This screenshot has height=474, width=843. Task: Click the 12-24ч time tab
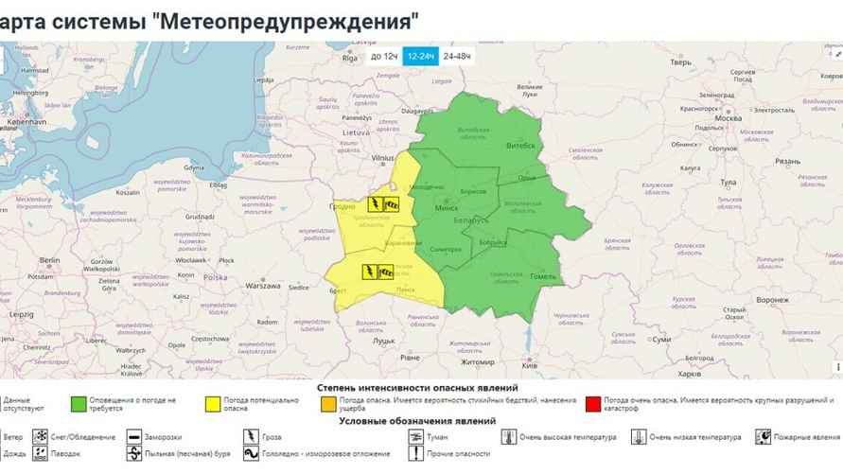(x=420, y=57)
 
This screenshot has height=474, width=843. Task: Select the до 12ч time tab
(x=383, y=57)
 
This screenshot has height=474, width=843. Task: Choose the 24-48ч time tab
(x=457, y=57)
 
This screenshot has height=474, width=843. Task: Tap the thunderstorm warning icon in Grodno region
(x=376, y=203)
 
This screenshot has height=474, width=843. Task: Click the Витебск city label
(x=522, y=146)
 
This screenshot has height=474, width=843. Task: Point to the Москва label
(x=729, y=117)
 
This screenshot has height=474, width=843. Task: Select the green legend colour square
(x=79, y=404)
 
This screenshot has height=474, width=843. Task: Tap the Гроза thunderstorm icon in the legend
(x=251, y=437)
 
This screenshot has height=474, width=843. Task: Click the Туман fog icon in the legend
(x=417, y=437)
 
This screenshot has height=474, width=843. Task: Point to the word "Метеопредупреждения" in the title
(x=284, y=19)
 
